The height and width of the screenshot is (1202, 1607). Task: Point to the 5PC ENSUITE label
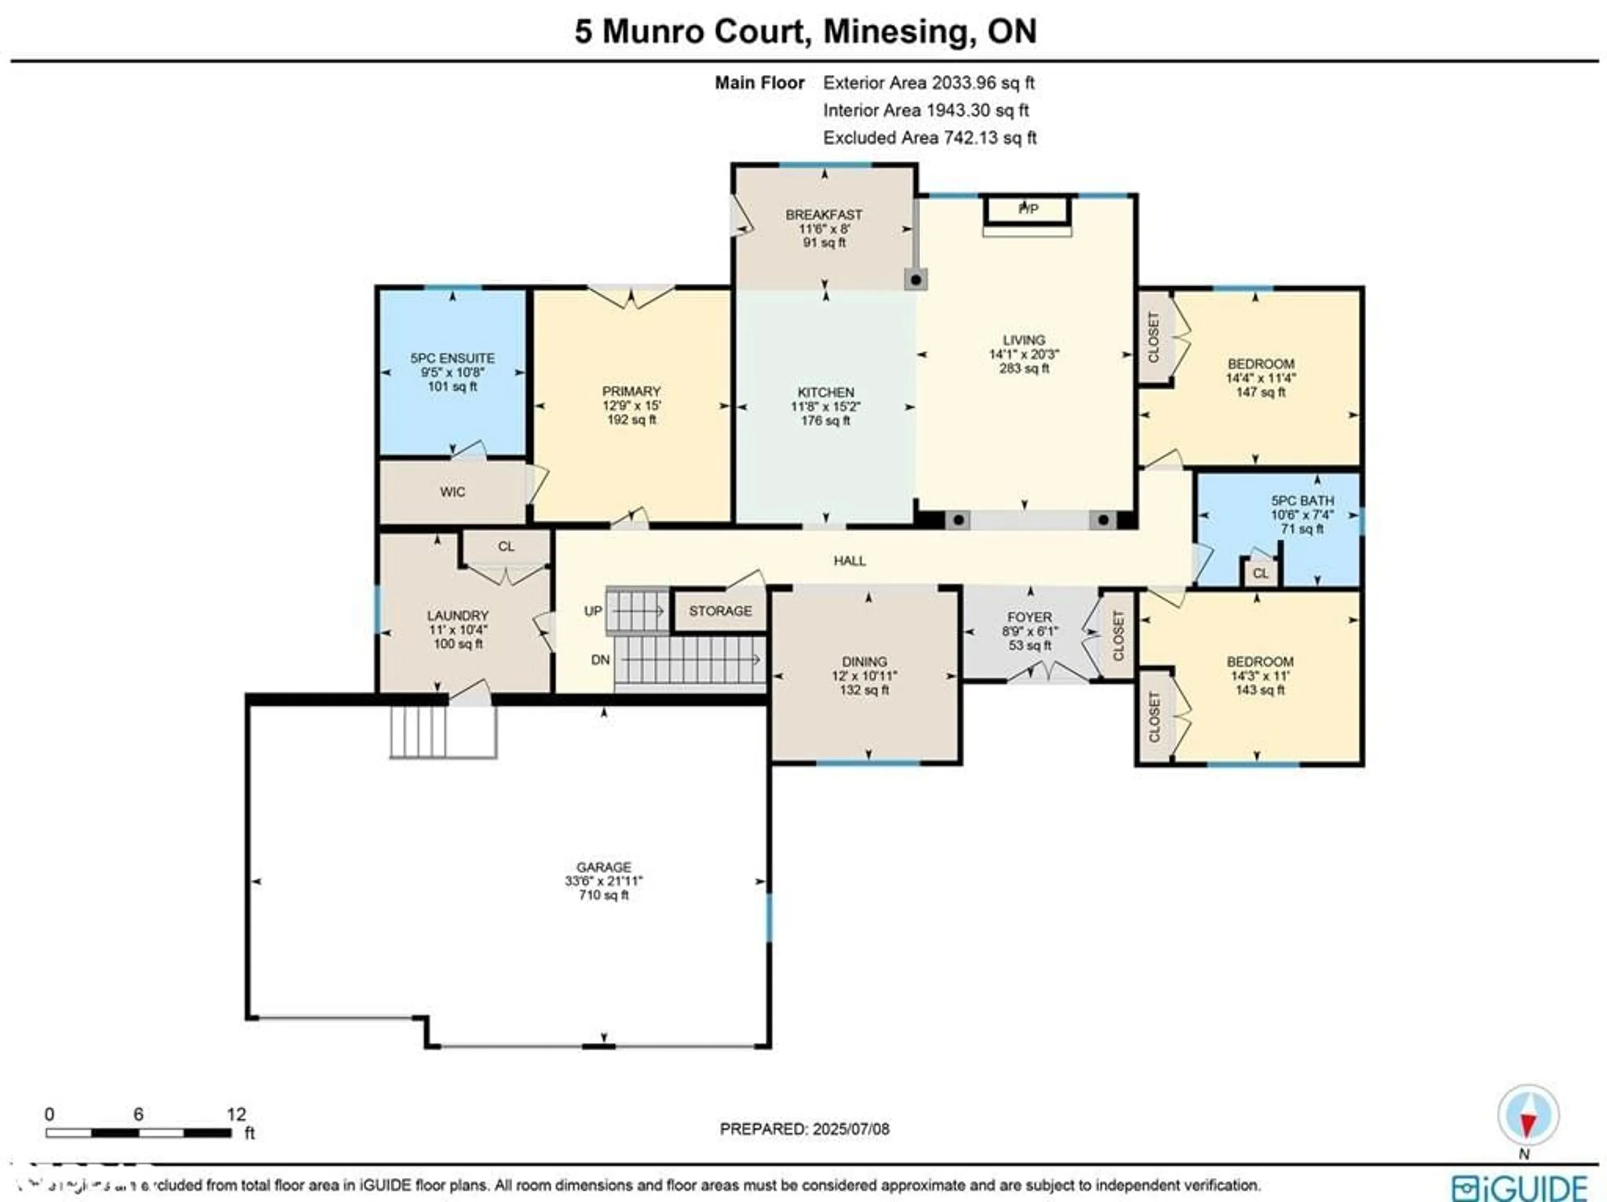click(452, 358)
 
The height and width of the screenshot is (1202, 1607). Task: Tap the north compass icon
click(1528, 1115)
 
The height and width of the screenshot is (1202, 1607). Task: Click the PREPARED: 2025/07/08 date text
click(804, 1129)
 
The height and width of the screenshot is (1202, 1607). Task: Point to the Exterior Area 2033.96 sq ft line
click(929, 83)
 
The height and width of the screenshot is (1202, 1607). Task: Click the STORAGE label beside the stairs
click(720, 611)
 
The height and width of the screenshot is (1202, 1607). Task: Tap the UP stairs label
click(593, 611)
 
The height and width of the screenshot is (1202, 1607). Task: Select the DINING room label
click(865, 661)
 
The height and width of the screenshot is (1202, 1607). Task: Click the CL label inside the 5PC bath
click(1260, 573)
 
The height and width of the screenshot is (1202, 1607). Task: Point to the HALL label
click(849, 561)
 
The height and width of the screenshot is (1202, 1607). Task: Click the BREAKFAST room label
click(824, 215)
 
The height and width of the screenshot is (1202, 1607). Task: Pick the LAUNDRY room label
click(458, 615)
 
